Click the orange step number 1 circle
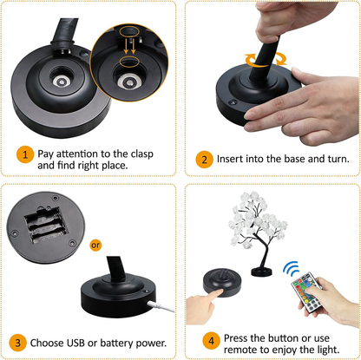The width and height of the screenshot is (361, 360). point(25,154)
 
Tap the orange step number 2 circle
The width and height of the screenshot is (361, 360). point(204,160)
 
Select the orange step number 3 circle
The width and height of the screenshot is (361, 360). point(17,343)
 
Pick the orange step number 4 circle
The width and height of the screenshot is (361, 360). point(211,341)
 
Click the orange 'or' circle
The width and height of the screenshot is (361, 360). point(95,245)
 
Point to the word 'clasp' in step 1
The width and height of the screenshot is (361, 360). point(141,154)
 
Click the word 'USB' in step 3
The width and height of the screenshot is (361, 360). point(75,343)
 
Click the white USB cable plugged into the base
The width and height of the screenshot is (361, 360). point(161,306)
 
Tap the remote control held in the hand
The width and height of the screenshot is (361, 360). point(306,292)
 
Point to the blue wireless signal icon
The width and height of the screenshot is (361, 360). point(291,269)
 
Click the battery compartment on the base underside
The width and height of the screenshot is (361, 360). point(46,225)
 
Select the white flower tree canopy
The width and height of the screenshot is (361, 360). point(258,219)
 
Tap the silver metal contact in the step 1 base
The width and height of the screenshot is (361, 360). point(62,82)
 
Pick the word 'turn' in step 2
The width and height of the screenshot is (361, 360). point(338,159)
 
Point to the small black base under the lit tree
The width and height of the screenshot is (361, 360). point(261,272)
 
